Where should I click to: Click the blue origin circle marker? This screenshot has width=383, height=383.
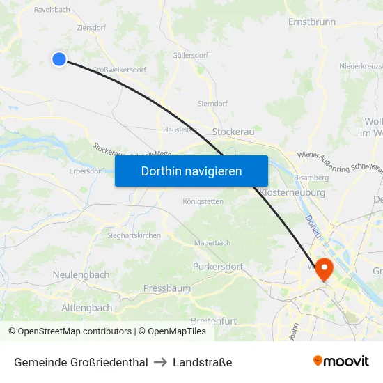[x=59, y=59]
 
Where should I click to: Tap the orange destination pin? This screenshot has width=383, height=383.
[x=325, y=268]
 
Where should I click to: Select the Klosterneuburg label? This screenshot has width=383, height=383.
[x=292, y=191]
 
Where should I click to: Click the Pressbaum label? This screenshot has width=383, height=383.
[x=166, y=288]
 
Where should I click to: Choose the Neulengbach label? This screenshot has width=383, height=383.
[x=81, y=275]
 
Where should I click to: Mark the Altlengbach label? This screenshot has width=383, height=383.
[x=86, y=307]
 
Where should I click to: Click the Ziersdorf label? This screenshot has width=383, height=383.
[x=91, y=28]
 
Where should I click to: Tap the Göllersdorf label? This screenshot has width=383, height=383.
[x=190, y=55]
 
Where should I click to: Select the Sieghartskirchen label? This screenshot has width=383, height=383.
[x=134, y=235]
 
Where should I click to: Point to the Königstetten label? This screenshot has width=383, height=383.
[x=203, y=201]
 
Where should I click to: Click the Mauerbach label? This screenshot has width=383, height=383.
[x=212, y=243]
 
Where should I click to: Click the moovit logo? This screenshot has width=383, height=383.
[x=341, y=361]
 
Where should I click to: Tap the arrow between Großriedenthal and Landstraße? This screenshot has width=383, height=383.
[x=160, y=362]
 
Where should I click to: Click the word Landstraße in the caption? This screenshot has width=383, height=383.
[x=203, y=362]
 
